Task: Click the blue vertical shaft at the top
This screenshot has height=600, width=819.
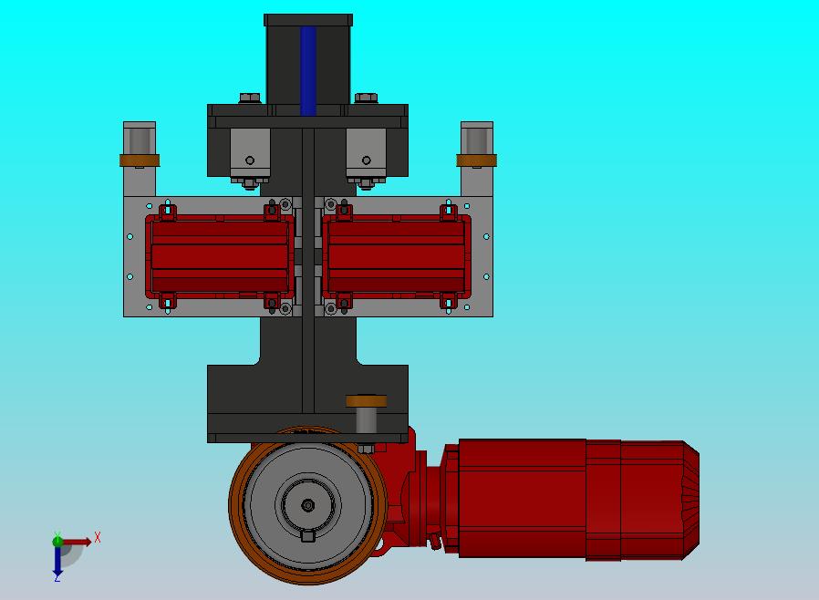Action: point(308,70)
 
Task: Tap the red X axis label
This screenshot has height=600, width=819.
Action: point(98,537)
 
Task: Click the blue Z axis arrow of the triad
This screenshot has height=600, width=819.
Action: point(57,562)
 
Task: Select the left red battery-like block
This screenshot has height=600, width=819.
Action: point(220,256)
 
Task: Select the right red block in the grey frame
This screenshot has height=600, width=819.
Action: point(397,256)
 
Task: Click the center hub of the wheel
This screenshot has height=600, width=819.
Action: point(308,505)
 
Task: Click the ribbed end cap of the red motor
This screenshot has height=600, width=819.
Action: point(690,501)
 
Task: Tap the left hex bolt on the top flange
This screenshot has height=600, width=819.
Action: point(250,98)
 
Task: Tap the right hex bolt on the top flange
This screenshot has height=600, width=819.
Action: point(366,98)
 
